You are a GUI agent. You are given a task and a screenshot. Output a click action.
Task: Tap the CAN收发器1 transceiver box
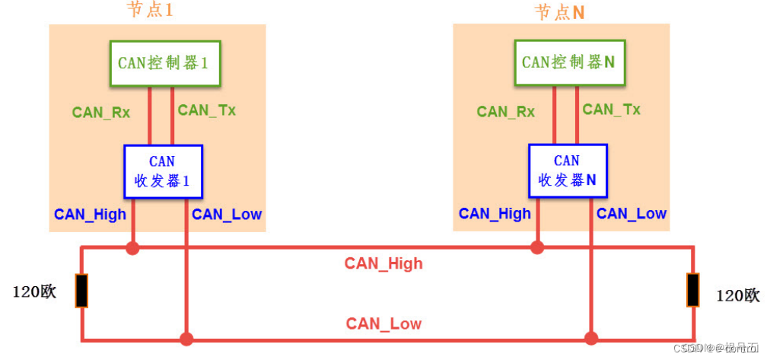click(x=163, y=171)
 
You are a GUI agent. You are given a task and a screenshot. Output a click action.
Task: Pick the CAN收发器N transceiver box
click(x=568, y=171)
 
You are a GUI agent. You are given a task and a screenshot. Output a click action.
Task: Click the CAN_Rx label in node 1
click(x=101, y=113)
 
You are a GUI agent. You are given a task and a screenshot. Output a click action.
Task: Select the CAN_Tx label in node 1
click(x=207, y=110)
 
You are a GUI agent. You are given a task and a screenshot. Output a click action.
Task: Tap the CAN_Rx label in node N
click(x=506, y=112)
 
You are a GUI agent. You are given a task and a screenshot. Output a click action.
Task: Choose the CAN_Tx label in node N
click(x=612, y=110)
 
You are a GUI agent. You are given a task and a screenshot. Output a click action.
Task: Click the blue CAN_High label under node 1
click(x=90, y=215)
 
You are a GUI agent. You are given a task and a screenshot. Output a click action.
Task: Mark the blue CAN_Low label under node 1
click(x=227, y=215)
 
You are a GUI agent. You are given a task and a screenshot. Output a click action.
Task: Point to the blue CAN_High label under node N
click(x=495, y=214)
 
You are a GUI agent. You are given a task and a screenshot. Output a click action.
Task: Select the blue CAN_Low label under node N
click(x=632, y=214)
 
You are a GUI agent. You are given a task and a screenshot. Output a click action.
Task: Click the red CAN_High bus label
click(x=383, y=264)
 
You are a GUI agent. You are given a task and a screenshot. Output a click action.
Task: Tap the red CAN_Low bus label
click(x=383, y=324)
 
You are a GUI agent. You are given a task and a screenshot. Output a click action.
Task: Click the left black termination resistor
click(x=81, y=291)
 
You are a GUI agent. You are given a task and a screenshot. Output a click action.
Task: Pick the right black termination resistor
click(x=692, y=291)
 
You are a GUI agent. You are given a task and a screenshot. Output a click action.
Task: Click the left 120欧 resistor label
click(x=35, y=292)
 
